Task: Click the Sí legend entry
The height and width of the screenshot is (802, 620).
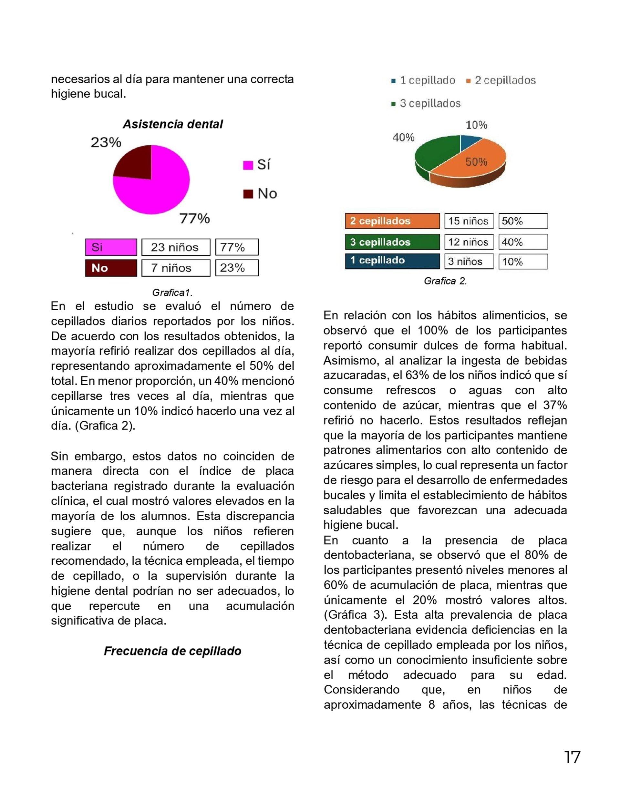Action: tap(257, 165)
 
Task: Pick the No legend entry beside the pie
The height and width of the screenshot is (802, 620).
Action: tap(260, 193)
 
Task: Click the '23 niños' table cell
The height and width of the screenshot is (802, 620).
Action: tap(175, 247)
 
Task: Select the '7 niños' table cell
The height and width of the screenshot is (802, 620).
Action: tap(175, 268)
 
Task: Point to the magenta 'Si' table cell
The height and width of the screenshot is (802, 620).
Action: tap(111, 247)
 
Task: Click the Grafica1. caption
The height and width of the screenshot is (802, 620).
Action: tap(172, 293)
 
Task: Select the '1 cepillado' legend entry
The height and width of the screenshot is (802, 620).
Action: tap(423, 80)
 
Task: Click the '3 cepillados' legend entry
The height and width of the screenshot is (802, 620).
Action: tap(426, 103)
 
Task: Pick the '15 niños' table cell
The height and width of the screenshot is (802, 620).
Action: tap(468, 221)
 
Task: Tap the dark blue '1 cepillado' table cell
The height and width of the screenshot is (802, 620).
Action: tap(392, 261)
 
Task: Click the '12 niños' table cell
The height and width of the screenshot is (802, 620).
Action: tap(468, 242)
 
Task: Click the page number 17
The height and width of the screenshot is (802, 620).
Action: tap(572, 757)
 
